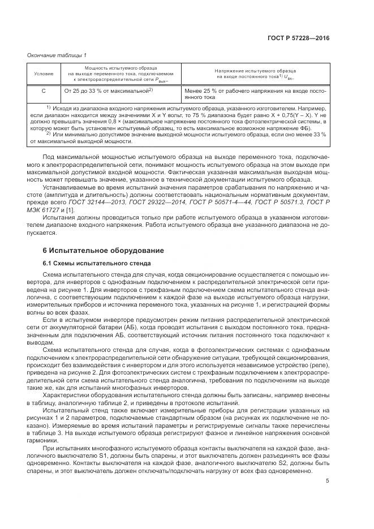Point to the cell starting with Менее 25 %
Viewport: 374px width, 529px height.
pos(256,93)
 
